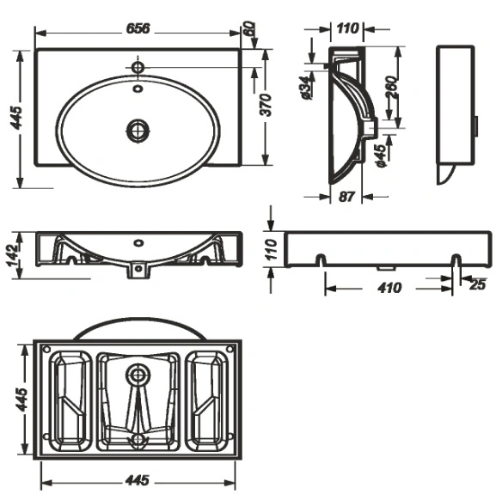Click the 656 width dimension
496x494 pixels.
coord(138,28)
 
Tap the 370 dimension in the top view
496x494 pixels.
coord(266,105)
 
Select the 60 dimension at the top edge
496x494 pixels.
coord(250,28)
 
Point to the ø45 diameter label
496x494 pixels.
coord(383,156)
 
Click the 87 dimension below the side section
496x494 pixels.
coord(346,197)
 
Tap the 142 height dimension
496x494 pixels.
coord(14,256)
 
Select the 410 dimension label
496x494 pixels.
coord(389,288)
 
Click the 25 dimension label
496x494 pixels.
coord(477,284)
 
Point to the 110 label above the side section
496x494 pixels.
coord(347,28)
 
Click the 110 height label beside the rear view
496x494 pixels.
coord(271,250)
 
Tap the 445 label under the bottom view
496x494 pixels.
coord(137,480)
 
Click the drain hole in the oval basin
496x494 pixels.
coord(138,131)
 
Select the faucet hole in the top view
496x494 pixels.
coord(138,67)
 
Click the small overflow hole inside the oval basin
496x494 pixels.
coord(138,88)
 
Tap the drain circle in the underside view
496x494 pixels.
coord(138,375)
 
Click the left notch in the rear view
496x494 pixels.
coord(321,259)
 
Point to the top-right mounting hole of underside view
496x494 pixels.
coord(230,349)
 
